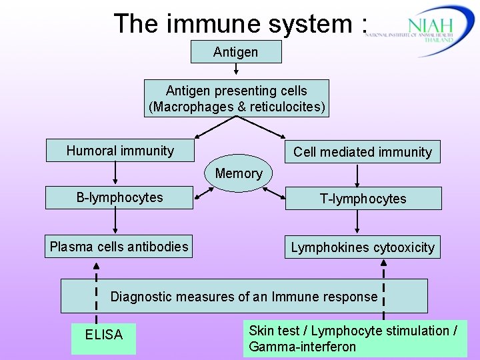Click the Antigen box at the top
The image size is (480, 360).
pos(236,52)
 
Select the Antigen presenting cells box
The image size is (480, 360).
pos(236,99)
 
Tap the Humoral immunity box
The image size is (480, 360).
pos(119,151)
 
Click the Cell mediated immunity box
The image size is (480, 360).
pos(362,152)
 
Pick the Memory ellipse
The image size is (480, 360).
pos(239,174)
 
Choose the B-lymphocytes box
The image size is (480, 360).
pos(119,198)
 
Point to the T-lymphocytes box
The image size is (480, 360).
pos(363,199)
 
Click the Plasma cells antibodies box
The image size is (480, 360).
pos(119,247)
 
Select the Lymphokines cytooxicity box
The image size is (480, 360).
pos(362,247)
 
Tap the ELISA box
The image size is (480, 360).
pos(104,335)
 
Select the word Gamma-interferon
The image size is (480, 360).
pos(302,347)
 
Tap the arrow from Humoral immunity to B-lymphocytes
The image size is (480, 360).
pos(116,174)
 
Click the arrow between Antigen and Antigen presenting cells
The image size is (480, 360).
pos(236,71)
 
